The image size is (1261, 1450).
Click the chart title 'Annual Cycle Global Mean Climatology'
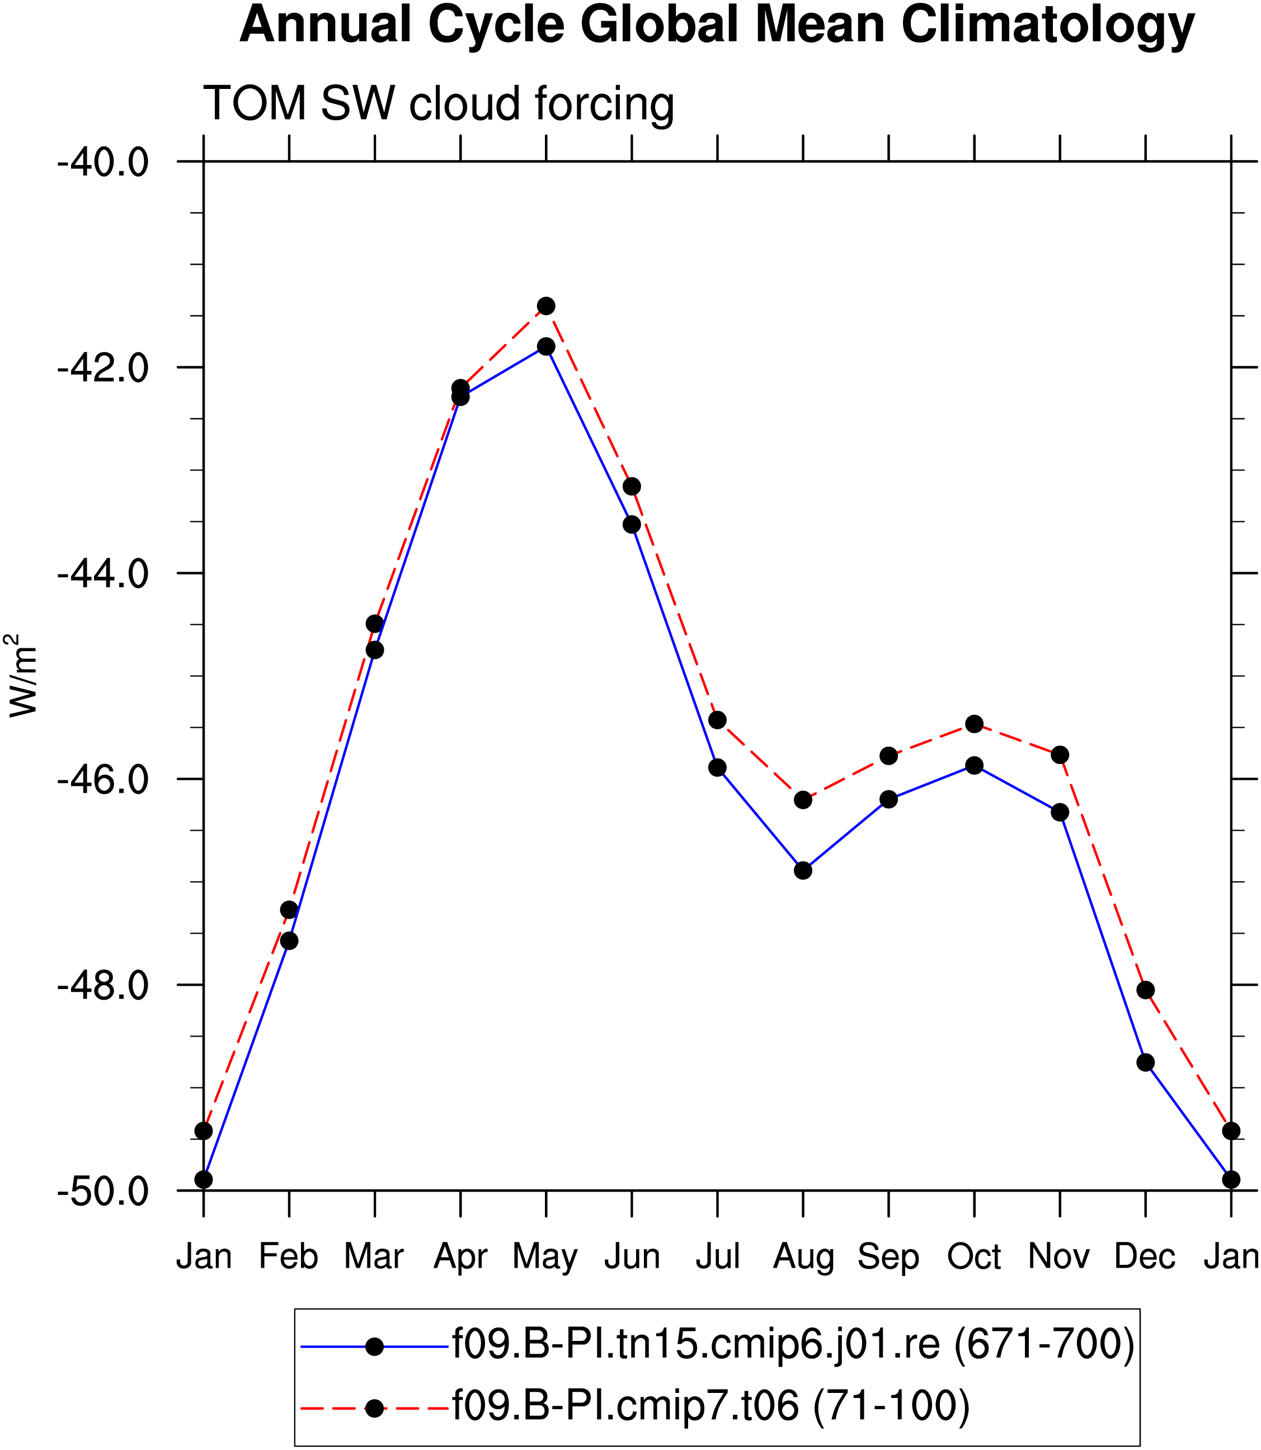[717, 25]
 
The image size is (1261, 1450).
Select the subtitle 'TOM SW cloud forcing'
[439, 104]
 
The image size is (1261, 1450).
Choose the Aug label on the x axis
[803, 1256]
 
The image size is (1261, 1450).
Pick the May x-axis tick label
[545, 1256]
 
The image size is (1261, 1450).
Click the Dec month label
[1145, 1256]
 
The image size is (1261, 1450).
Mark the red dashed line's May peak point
[546, 306]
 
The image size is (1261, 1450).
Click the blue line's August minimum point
[803, 870]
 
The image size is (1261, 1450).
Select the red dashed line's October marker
[975, 724]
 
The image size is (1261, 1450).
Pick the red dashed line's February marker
[289, 910]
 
